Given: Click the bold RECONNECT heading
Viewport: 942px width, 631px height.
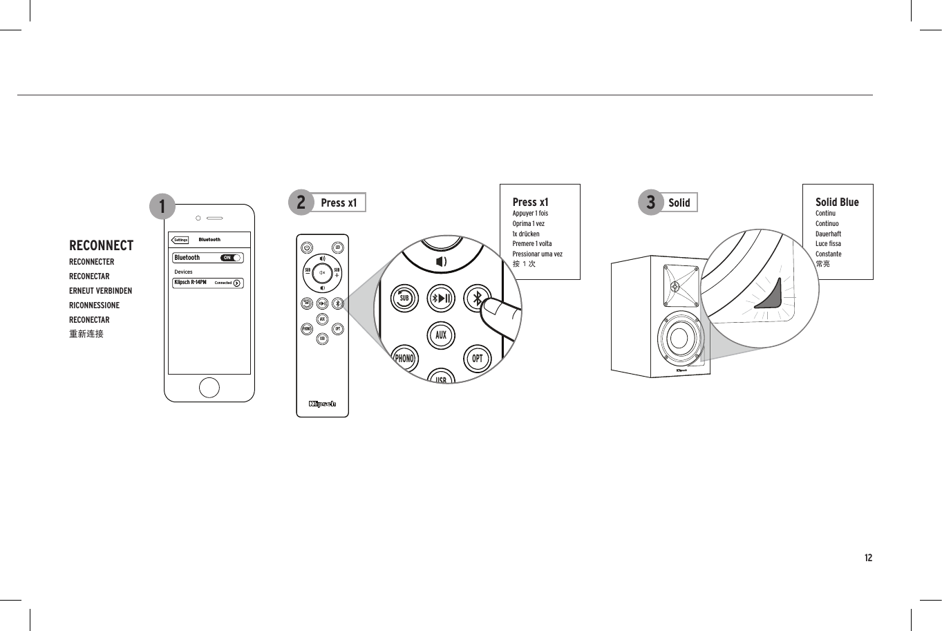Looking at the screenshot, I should (101, 245).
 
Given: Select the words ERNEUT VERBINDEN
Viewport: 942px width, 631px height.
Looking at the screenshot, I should (100, 291).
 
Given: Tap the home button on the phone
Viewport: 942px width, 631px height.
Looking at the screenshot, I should (209, 388).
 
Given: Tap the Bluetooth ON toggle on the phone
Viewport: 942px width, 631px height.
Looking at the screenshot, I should (231, 258).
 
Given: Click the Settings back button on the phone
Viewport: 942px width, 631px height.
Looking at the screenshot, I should (180, 240).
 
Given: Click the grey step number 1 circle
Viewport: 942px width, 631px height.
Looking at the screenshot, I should (162, 206).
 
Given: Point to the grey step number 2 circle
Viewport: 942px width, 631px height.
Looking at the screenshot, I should (301, 202).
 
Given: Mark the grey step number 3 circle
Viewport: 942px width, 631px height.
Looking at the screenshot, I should (650, 202).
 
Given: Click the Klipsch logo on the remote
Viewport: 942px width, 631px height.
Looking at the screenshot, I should (322, 404).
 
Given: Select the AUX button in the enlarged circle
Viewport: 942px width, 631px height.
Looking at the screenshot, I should (441, 336).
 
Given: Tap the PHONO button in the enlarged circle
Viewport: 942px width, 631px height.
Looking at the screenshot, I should (404, 359).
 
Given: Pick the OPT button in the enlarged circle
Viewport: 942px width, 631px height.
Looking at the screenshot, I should (477, 359).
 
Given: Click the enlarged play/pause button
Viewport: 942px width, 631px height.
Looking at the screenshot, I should (441, 299).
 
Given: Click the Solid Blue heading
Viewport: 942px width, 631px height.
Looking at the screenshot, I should (837, 202).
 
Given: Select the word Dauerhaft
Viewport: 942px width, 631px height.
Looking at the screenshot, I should (828, 234).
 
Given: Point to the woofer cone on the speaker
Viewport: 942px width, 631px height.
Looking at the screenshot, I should (679, 338).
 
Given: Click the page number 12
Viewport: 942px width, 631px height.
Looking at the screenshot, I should (868, 558).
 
